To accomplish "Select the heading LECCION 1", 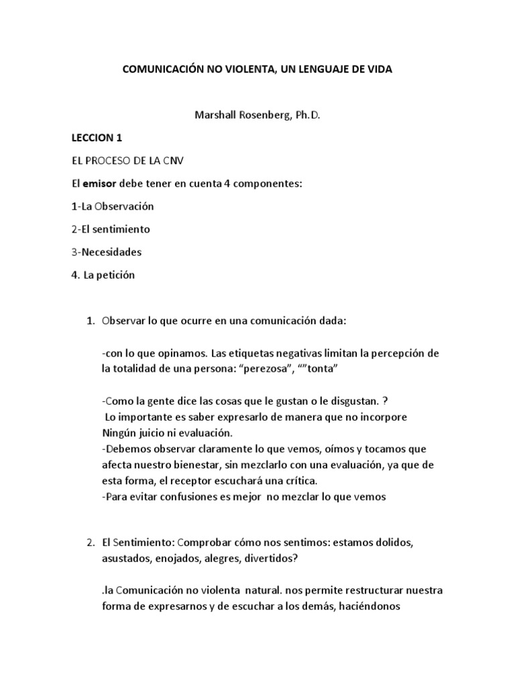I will click(97, 137).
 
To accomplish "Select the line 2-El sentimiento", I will click(110, 229).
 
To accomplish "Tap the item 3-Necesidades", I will click(107, 252).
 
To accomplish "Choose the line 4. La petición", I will click(103, 275).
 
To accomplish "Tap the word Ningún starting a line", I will click(122, 432).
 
